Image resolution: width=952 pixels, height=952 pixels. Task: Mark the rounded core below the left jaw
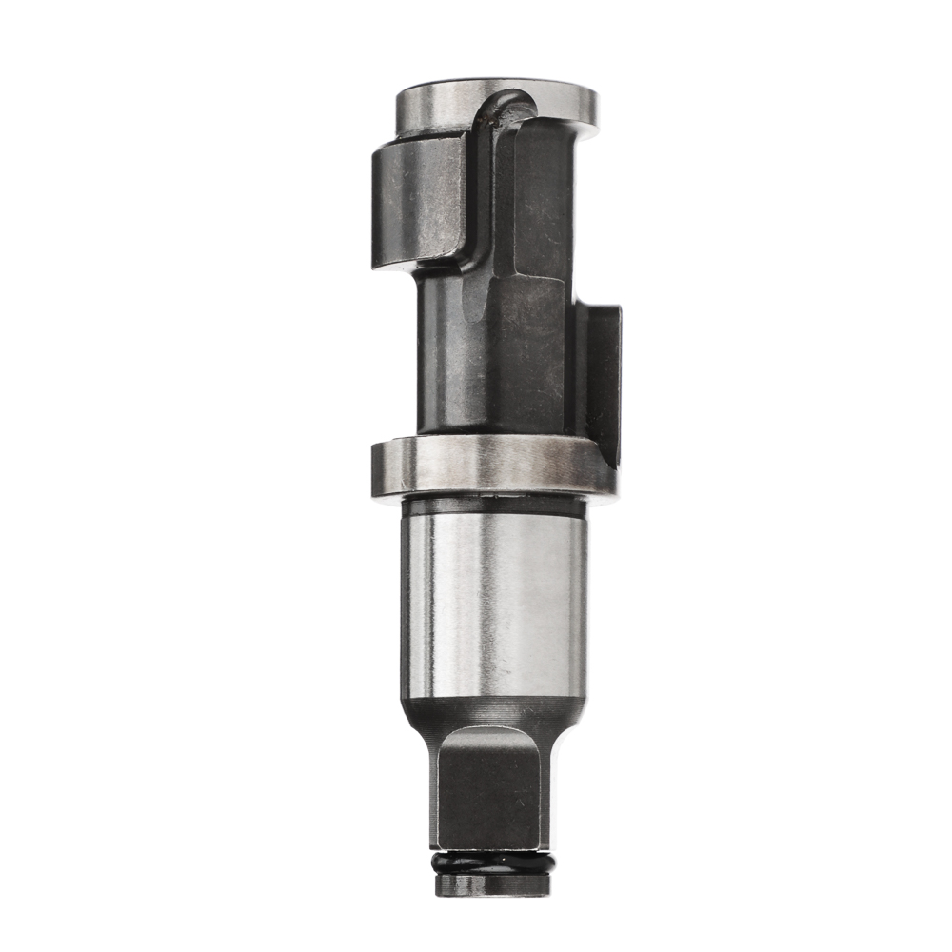[438, 352]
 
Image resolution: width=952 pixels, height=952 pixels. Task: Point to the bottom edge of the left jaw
[409, 261]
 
